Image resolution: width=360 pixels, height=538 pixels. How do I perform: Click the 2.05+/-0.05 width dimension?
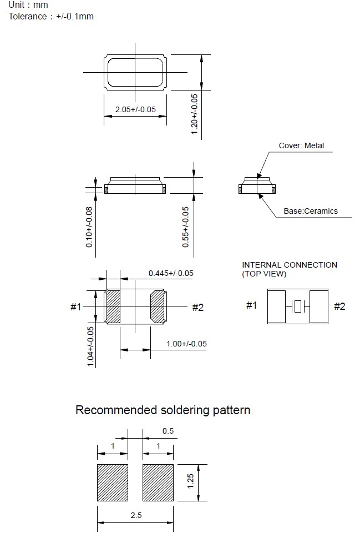point(135,109)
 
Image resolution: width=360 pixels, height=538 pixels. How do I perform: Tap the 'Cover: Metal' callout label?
point(301,146)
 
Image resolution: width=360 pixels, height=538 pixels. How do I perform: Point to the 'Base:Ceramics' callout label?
point(311,211)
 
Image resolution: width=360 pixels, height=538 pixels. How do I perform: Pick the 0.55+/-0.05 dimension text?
point(186,227)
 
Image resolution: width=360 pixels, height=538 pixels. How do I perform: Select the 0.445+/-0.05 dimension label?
point(171,273)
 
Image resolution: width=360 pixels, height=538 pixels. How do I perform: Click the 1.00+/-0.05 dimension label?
point(186,344)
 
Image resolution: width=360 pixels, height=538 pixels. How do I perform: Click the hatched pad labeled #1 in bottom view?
point(113,306)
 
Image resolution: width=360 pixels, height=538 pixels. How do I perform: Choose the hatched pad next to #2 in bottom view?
point(158,306)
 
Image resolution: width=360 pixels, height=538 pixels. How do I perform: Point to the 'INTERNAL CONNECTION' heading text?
point(290,265)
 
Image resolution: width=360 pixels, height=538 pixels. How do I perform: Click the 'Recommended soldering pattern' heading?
point(163,410)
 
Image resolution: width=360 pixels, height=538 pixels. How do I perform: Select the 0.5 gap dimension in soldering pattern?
point(168,431)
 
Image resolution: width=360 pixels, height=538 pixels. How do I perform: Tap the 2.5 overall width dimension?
point(136,516)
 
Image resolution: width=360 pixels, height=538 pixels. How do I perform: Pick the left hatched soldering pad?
point(113,482)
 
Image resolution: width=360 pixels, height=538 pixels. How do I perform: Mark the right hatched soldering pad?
point(159,482)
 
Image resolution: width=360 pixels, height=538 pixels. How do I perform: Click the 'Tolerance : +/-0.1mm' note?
point(51,16)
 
